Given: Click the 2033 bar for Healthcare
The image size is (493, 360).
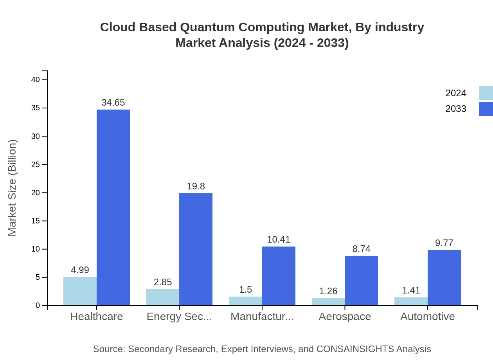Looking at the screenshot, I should [113, 207].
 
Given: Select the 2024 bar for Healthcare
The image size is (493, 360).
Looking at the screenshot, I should [80, 291].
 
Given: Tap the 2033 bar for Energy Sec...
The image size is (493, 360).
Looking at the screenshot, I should [196, 249].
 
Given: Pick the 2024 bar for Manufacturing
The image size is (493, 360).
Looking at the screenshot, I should [245, 301].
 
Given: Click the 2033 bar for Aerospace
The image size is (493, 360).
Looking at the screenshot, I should [361, 281].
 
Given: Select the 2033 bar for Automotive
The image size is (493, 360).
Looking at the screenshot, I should [444, 277].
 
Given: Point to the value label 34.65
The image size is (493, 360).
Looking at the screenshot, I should [113, 103].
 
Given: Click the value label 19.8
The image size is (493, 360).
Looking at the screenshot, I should [196, 186].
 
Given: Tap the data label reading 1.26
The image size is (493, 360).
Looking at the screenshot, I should [328, 291].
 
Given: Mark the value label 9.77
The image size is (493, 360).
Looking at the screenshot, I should [444, 243].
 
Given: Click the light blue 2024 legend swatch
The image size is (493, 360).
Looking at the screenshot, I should [486, 93].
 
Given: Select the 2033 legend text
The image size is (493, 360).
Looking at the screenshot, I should [456, 109].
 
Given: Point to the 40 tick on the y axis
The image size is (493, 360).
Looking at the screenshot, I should [36, 80].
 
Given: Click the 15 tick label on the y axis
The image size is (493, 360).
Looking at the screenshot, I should [36, 221].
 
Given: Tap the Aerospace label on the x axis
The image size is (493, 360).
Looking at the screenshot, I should [344, 316].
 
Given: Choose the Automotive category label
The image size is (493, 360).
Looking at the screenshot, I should [427, 316].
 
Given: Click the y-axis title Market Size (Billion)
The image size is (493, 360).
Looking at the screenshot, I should [13, 188].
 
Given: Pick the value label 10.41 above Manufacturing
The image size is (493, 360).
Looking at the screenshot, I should [279, 239].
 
